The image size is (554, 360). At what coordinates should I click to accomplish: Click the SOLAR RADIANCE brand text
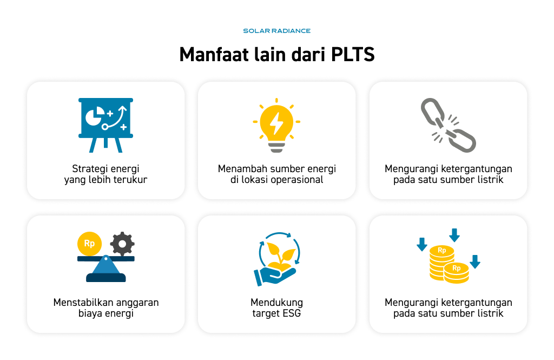click(x=276, y=31)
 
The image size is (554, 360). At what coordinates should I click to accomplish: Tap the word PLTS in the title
click(x=353, y=55)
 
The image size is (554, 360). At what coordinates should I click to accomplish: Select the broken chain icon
click(x=449, y=125)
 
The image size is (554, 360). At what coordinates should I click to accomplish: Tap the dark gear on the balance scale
click(x=122, y=244)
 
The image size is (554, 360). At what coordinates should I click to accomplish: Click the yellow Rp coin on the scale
click(x=89, y=244)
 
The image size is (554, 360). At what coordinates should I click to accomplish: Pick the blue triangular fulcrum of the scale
click(x=105, y=265)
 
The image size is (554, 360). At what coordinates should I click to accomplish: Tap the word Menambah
click(x=240, y=169)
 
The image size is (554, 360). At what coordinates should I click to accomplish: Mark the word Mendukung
click(x=276, y=303)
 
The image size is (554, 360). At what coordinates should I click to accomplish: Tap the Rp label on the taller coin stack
click(x=442, y=250)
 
